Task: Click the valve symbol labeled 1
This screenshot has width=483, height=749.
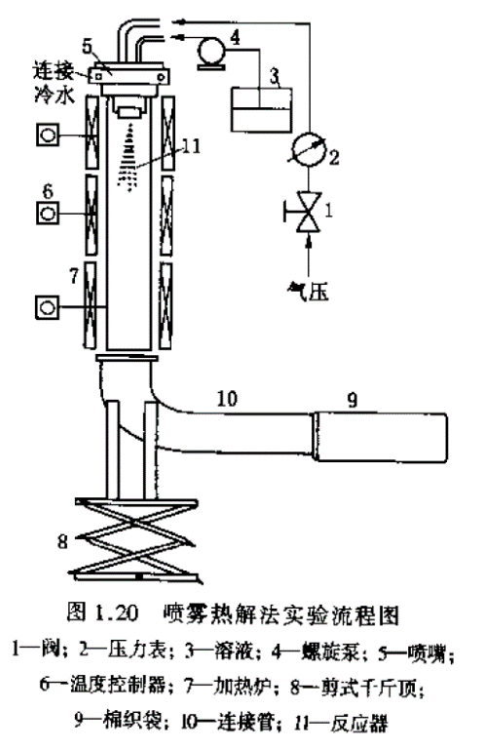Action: pyautogui.click(x=309, y=211)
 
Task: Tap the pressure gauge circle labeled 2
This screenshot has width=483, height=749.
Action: pyautogui.click(x=309, y=148)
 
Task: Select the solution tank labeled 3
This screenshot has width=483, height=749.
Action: pyautogui.click(x=261, y=109)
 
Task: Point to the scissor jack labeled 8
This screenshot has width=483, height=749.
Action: pyautogui.click(x=136, y=539)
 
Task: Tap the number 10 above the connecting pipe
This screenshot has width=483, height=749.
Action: pyautogui.click(x=227, y=399)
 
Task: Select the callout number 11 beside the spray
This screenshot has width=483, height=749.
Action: pyautogui.click(x=192, y=145)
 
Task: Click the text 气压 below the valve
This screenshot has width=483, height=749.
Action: pyautogui.click(x=309, y=291)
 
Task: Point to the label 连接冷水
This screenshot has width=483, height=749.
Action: pyautogui.click(x=54, y=84)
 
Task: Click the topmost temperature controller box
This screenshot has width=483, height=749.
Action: pyautogui.click(x=48, y=135)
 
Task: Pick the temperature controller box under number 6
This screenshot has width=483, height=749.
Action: pyautogui.click(x=48, y=213)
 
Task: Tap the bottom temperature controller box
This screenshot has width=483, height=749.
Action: pyautogui.click(x=48, y=306)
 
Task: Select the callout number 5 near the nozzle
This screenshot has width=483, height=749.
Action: pyautogui.click(x=88, y=47)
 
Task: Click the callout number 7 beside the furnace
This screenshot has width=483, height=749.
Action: pyautogui.click(x=74, y=276)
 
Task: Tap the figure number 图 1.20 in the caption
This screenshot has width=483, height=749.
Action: pyautogui.click(x=102, y=612)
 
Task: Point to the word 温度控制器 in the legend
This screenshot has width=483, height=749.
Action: pyautogui.click(x=118, y=687)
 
